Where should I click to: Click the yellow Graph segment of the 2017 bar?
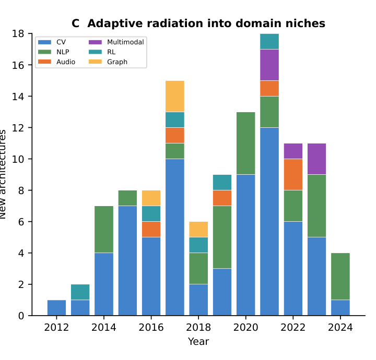click(x=175, y=96)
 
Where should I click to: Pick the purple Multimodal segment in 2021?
click(x=269, y=65)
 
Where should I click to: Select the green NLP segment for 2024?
click(x=340, y=276)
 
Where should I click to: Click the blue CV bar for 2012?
click(x=56, y=308)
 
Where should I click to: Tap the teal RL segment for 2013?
click(x=80, y=292)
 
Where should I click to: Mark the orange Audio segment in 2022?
click(x=293, y=174)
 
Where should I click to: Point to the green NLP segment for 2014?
click(x=104, y=229)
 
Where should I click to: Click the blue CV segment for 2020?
click(x=246, y=245)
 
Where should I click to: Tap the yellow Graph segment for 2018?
click(x=198, y=229)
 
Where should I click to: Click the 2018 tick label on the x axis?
click(x=198, y=328)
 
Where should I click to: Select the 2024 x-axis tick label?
click(x=340, y=328)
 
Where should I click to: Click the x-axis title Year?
click(x=198, y=342)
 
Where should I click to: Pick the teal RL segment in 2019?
click(x=222, y=182)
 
